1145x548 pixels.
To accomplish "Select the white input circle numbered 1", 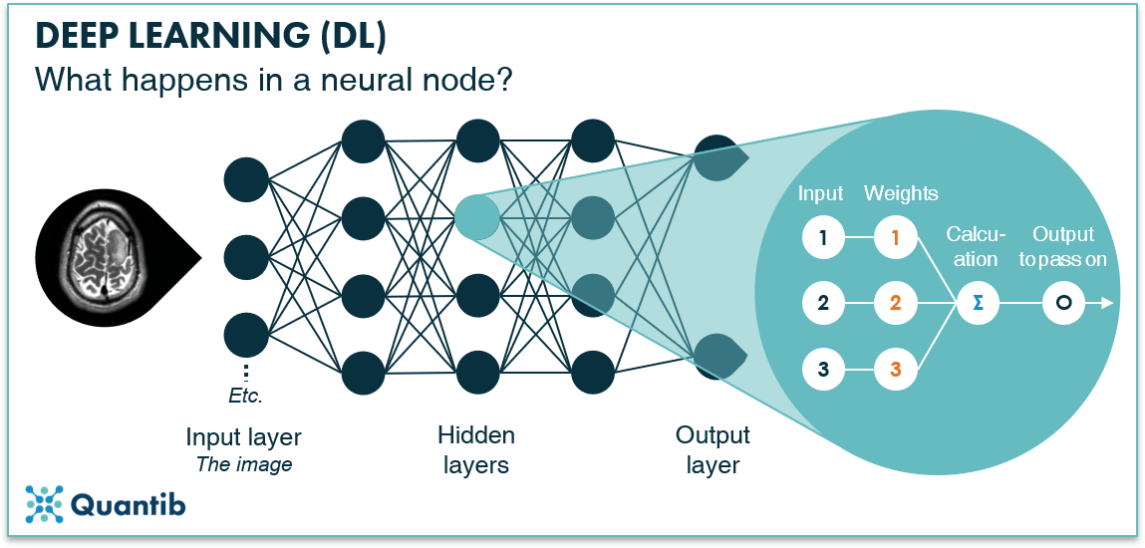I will click(823, 238).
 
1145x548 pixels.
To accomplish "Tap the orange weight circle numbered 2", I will click(895, 303).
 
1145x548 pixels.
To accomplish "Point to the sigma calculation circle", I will click(976, 303).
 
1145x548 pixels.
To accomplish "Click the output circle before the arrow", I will click(1063, 303).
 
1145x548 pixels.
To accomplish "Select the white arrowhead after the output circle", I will click(1106, 303).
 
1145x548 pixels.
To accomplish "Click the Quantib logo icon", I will click(44, 504).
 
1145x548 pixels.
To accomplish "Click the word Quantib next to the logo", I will click(129, 505).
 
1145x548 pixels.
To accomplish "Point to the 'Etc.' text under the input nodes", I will click(245, 396).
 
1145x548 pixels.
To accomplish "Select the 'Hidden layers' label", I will click(476, 450).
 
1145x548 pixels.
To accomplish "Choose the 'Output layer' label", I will click(713, 450).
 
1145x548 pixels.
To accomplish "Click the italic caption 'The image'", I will click(243, 463).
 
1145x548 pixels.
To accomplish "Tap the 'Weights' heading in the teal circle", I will click(901, 193).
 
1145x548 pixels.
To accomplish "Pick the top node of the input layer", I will click(246, 179).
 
